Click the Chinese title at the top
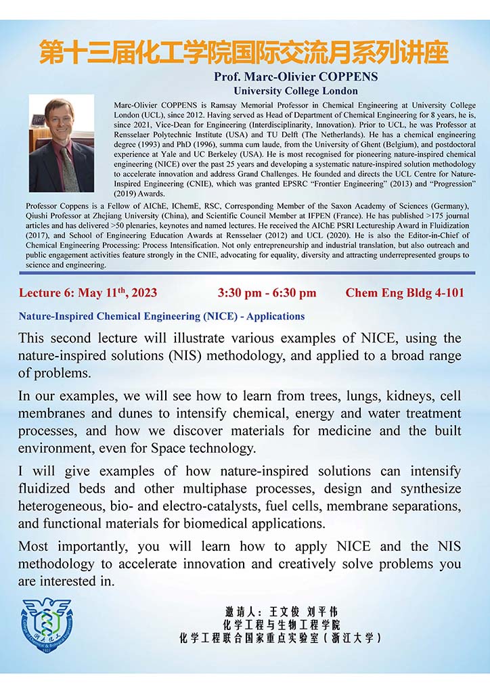pyautogui.click(x=244, y=52)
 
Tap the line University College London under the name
pyautogui.click(x=295, y=91)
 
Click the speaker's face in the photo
pyautogui.click(x=60, y=122)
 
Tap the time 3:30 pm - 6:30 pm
pyautogui.click(x=267, y=293)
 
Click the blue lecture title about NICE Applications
pyautogui.click(x=162, y=316)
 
